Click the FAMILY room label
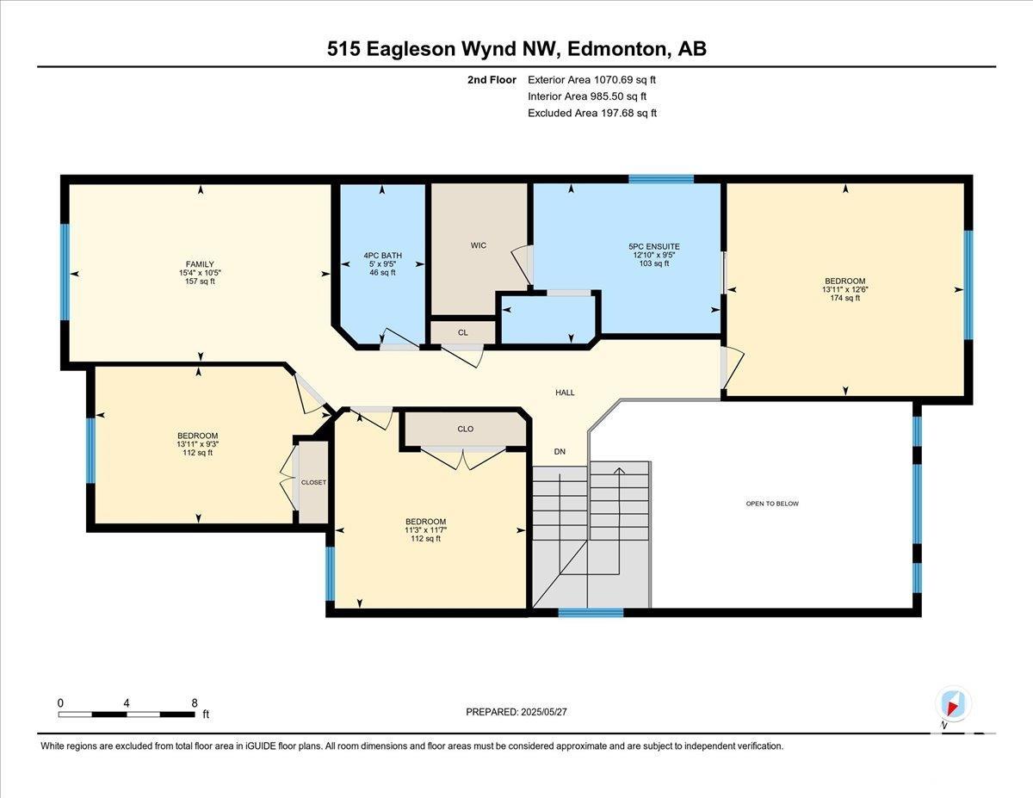pyautogui.click(x=200, y=264)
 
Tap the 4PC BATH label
pyautogui.click(x=383, y=255)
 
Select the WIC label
pyautogui.click(x=479, y=245)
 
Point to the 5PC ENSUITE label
pyautogui.click(x=654, y=247)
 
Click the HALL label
pyautogui.click(x=565, y=393)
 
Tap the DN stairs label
pyautogui.click(x=560, y=452)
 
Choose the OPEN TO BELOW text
pyautogui.click(x=772, y=504)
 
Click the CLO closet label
pyautogui.click(x=466, y=429)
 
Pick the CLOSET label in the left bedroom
pyautogui.click(x=313, y=482)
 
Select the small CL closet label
pyautogui.click(x=463, y=332)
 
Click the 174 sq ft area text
pyautogui.click(x=845, y=298)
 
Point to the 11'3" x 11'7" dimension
pyautogui.click(x=425, y=530)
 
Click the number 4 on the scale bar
pyautogui.click(x=127, y=703)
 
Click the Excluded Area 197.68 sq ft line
pyautogui.click(x=592, y=113)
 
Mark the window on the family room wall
pyautogui.click(x=65, y=272)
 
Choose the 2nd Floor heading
pyautogui.click(x=492, y=80)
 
